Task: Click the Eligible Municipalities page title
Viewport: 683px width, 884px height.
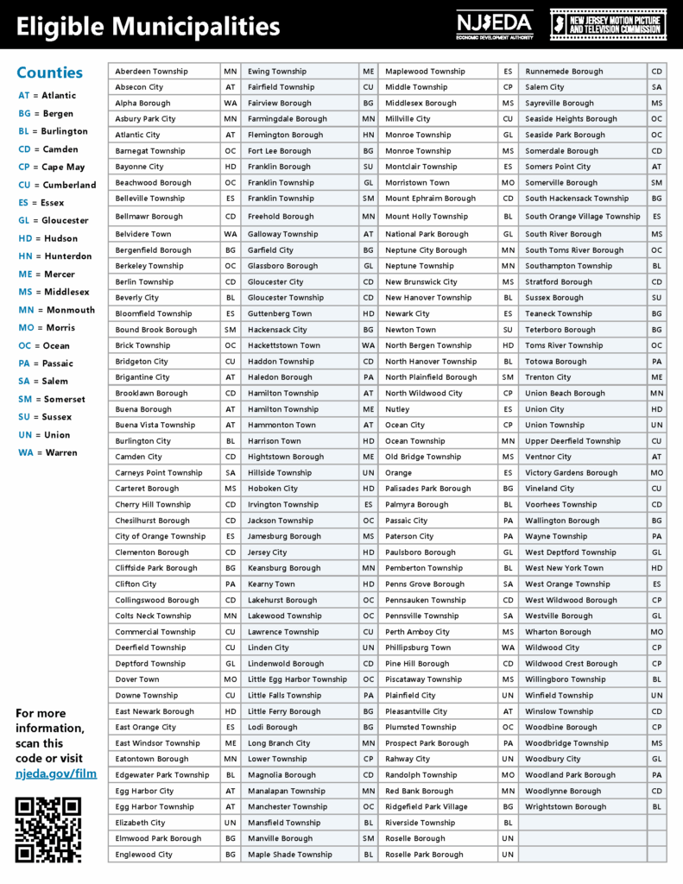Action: coord(149,26)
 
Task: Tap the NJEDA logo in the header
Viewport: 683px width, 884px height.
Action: coord(494,24)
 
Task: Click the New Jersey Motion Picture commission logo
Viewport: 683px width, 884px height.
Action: coord(608,24)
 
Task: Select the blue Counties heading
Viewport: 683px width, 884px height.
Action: coord(50,73)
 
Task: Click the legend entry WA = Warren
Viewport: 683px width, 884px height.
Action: coord(47,452)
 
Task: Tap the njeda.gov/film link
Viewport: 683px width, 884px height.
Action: coord(56,773)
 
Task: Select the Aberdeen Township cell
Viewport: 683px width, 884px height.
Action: coord(151,72)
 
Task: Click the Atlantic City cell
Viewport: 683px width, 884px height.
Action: coord(138,135)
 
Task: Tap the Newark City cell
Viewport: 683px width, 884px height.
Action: coord(408,313)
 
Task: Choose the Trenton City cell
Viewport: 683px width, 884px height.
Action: coord(548,377)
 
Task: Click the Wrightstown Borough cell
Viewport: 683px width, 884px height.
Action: coord(566,806)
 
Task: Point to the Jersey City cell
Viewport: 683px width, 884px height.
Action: coord(268,552)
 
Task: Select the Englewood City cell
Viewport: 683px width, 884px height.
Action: coord(144,855)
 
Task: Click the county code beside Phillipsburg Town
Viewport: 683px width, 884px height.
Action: coord(508,647)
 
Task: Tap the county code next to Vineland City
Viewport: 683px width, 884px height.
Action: coord(657,489)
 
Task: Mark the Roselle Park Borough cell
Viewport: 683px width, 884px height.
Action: coord(424,855)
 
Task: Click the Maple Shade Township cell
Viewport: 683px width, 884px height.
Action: coord(290,855)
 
